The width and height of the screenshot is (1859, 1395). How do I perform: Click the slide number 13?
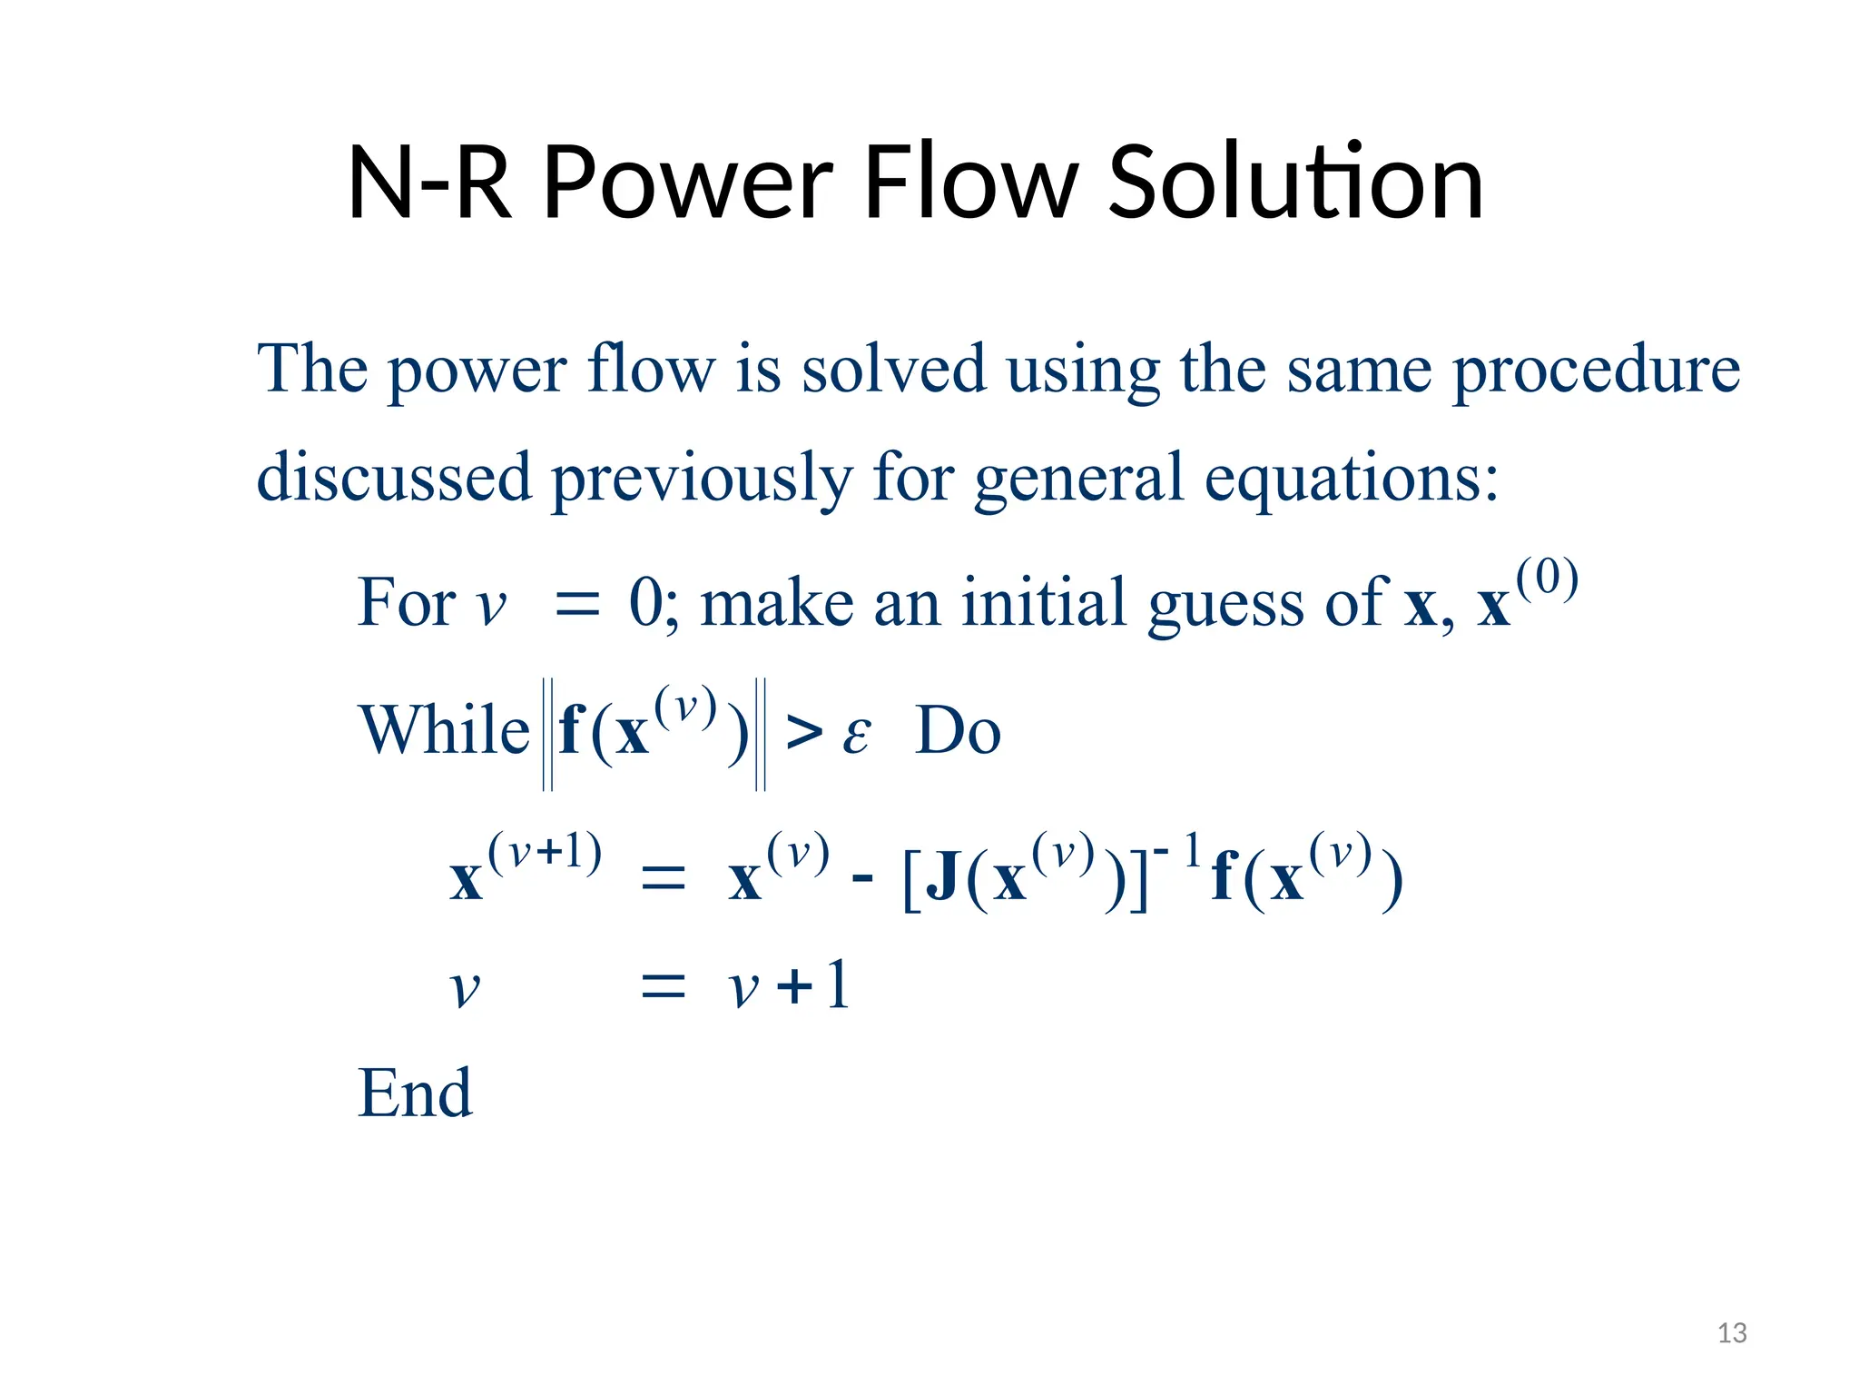1732,1333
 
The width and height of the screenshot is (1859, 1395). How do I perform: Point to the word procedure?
1596,371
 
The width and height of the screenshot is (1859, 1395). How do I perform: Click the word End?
415,1093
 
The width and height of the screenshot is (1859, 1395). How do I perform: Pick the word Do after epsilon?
958,730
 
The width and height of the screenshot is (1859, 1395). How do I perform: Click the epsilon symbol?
856,734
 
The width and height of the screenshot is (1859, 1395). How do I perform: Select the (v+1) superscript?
545,853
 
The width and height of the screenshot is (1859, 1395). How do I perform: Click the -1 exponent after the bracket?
1178,851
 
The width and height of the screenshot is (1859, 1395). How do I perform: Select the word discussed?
394,477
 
